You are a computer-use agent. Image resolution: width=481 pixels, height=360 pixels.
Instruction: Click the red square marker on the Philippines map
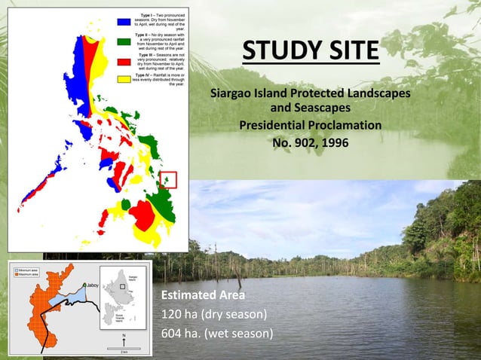pos(168,180)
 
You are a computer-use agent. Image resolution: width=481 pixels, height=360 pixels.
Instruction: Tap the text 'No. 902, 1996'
pos(310,141)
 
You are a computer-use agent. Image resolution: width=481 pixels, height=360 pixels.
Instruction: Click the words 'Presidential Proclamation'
pos(310,124)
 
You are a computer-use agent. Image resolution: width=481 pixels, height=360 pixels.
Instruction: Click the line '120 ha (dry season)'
pos(213,314)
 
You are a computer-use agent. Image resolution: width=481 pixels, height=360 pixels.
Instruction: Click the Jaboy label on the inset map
pos(92,285)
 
